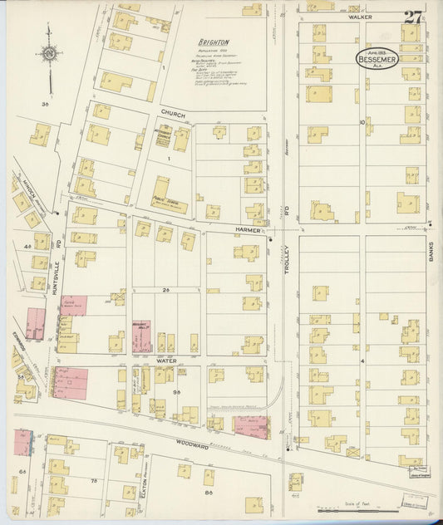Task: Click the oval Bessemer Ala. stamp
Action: click(x=390, y=61)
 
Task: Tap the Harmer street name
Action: click(x=247, y=228)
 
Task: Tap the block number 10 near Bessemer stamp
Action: click(x=362, y=122)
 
